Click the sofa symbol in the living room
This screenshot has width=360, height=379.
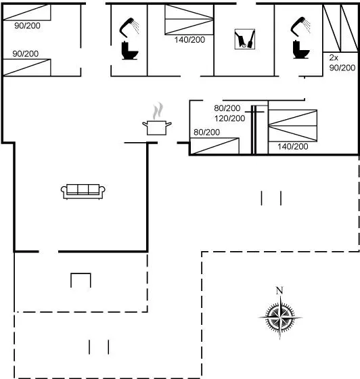point(83,192)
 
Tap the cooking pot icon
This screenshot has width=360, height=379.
point(157,128)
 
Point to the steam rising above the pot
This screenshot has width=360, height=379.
point(158,111)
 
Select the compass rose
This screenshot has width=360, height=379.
point(280,317)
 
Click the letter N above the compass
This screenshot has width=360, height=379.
point(279,290)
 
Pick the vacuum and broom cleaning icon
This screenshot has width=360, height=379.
point(245,39)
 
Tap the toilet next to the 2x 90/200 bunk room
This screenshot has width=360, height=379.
point(301,49)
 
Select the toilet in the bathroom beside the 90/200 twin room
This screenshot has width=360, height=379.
point(130,51)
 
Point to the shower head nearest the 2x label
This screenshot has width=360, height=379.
point(300,26)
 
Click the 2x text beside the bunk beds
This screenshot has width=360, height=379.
point(334,58)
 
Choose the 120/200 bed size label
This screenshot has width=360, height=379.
point(230,118)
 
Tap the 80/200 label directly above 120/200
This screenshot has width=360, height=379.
point(227,108)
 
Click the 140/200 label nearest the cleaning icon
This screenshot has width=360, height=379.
point(189,40)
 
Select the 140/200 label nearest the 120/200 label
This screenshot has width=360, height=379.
point(293,146)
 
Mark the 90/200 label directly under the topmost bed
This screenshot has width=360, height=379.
point(27,26)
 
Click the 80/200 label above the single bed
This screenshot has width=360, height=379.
point(207,132)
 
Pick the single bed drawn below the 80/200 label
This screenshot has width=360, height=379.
point(215,146)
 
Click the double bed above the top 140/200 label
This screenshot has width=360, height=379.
point(189,20)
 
